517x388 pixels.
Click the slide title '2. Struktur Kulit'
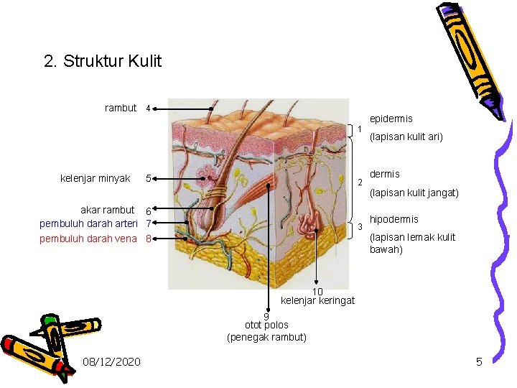point(103,61)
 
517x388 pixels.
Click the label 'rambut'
point(121,108)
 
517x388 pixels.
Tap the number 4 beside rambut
point(147,109)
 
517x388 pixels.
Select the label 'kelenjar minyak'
point(96,178)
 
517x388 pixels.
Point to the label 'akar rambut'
point(107,210)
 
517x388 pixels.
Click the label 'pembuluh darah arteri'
point(88,224)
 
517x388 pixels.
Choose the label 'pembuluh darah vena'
point(88,238)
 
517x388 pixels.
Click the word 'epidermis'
point(391,119)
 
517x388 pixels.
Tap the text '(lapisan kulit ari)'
point(406,137)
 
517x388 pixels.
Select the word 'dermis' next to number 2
point(384,174)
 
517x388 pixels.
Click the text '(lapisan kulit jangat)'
point(414,193)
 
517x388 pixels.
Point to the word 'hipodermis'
point(393,219)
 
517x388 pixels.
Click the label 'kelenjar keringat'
point(317,300)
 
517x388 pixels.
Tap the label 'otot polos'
point(266,325)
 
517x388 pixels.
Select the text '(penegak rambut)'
point(266,337)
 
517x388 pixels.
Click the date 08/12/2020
point(111,361)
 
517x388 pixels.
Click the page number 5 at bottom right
point(479,361)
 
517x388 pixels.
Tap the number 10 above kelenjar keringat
point(317,291)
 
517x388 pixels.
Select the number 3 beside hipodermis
point(360,228)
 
